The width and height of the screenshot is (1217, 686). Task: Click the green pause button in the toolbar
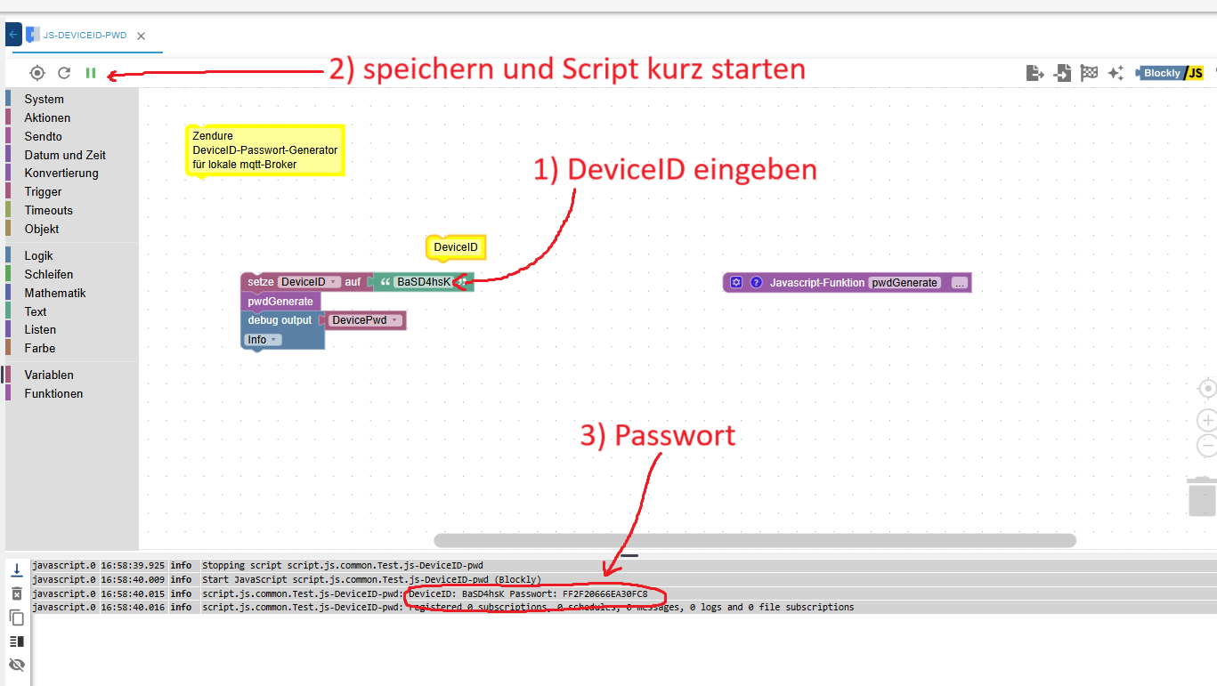91,73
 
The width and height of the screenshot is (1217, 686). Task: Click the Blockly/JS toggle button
1171,73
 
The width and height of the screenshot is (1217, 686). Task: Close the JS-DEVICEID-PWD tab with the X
141,36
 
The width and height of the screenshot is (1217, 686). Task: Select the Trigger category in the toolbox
43,191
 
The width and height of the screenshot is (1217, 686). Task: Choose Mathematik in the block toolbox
55,294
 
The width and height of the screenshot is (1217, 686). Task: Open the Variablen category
49,375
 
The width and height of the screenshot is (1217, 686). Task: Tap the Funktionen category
53,394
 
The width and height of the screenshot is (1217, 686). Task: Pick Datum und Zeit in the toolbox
65,156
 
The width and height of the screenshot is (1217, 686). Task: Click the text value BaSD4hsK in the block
424,282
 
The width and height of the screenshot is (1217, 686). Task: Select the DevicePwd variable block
365,320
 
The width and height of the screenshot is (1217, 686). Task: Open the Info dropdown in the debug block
262,340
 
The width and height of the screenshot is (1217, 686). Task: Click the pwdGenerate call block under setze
280,302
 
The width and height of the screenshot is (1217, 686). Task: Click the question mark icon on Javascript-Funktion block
756,282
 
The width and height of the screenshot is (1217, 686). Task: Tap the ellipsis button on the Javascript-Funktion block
960,283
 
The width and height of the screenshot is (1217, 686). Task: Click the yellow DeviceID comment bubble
456,247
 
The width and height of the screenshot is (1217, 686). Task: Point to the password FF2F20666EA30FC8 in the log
604,593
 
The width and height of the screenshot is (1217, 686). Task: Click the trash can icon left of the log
17,593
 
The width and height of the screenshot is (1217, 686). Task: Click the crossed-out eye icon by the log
17,665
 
